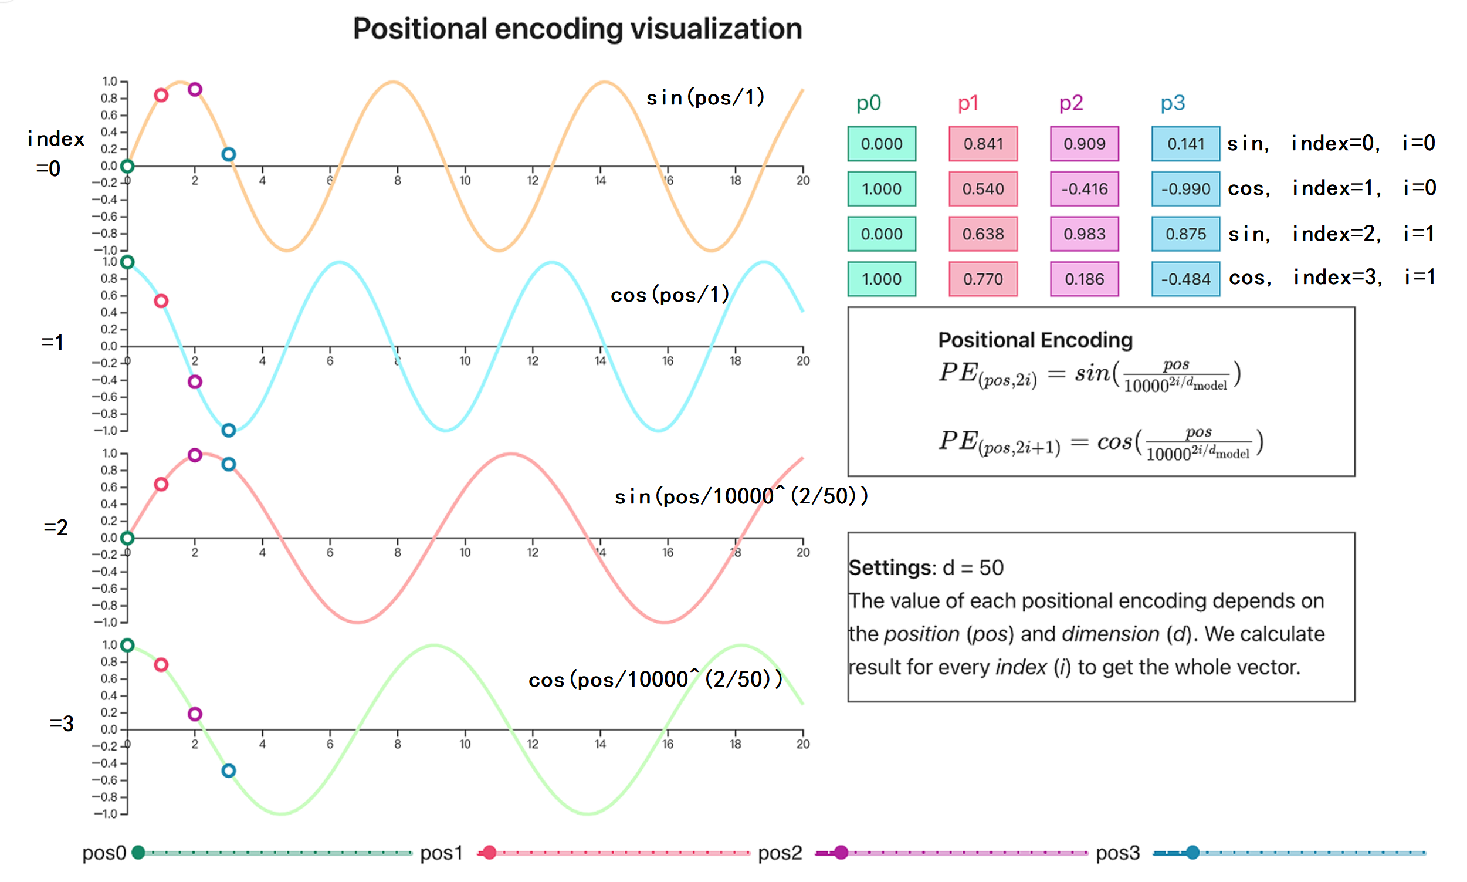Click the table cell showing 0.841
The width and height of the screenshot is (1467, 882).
(983, 144)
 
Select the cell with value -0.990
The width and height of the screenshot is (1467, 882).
(1185, 189)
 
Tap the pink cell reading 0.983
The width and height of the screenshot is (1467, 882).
(1084, 234)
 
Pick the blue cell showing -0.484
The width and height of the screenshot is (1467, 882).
(1185, 279)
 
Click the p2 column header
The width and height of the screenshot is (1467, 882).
(1071, 103)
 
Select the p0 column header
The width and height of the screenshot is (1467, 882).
(868, 103)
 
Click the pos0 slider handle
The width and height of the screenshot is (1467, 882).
(138, 853)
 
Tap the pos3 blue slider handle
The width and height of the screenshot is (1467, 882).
(1192, 853)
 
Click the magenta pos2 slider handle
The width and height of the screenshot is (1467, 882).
(841, 853)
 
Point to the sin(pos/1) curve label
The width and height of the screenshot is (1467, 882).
(705, 97)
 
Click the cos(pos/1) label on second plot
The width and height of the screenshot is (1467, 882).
(669, 295)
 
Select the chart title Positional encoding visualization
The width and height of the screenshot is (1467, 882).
(577, 29)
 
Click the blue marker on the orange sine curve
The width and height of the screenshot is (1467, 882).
(229, 154)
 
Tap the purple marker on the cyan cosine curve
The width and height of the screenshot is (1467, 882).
(195, 381)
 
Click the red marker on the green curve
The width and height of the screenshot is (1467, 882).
(161, 664)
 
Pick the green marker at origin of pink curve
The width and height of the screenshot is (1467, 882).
(127, 539)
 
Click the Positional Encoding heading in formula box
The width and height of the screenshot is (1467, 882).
(1035, 340)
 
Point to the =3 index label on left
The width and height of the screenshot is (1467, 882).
(61, 724)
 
